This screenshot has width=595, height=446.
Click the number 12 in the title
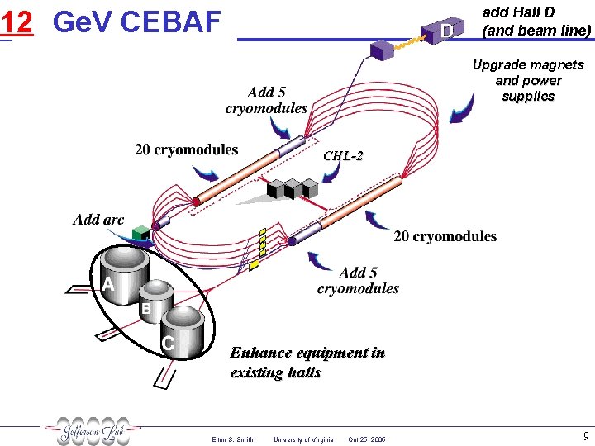17,22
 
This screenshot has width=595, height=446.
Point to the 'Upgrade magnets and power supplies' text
527,80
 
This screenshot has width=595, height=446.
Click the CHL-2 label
343,155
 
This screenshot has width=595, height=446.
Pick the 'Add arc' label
98,219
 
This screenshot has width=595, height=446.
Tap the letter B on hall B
145,309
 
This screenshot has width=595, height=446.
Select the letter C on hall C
168,342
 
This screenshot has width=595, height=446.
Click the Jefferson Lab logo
93,430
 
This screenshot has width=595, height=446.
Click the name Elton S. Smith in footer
232,439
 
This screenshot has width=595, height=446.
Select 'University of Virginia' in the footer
303,439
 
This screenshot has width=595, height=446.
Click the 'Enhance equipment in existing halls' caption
307,362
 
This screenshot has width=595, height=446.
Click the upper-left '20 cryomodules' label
186,149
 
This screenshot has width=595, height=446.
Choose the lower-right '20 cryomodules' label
445,236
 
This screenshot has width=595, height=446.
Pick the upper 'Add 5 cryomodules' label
266,100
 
